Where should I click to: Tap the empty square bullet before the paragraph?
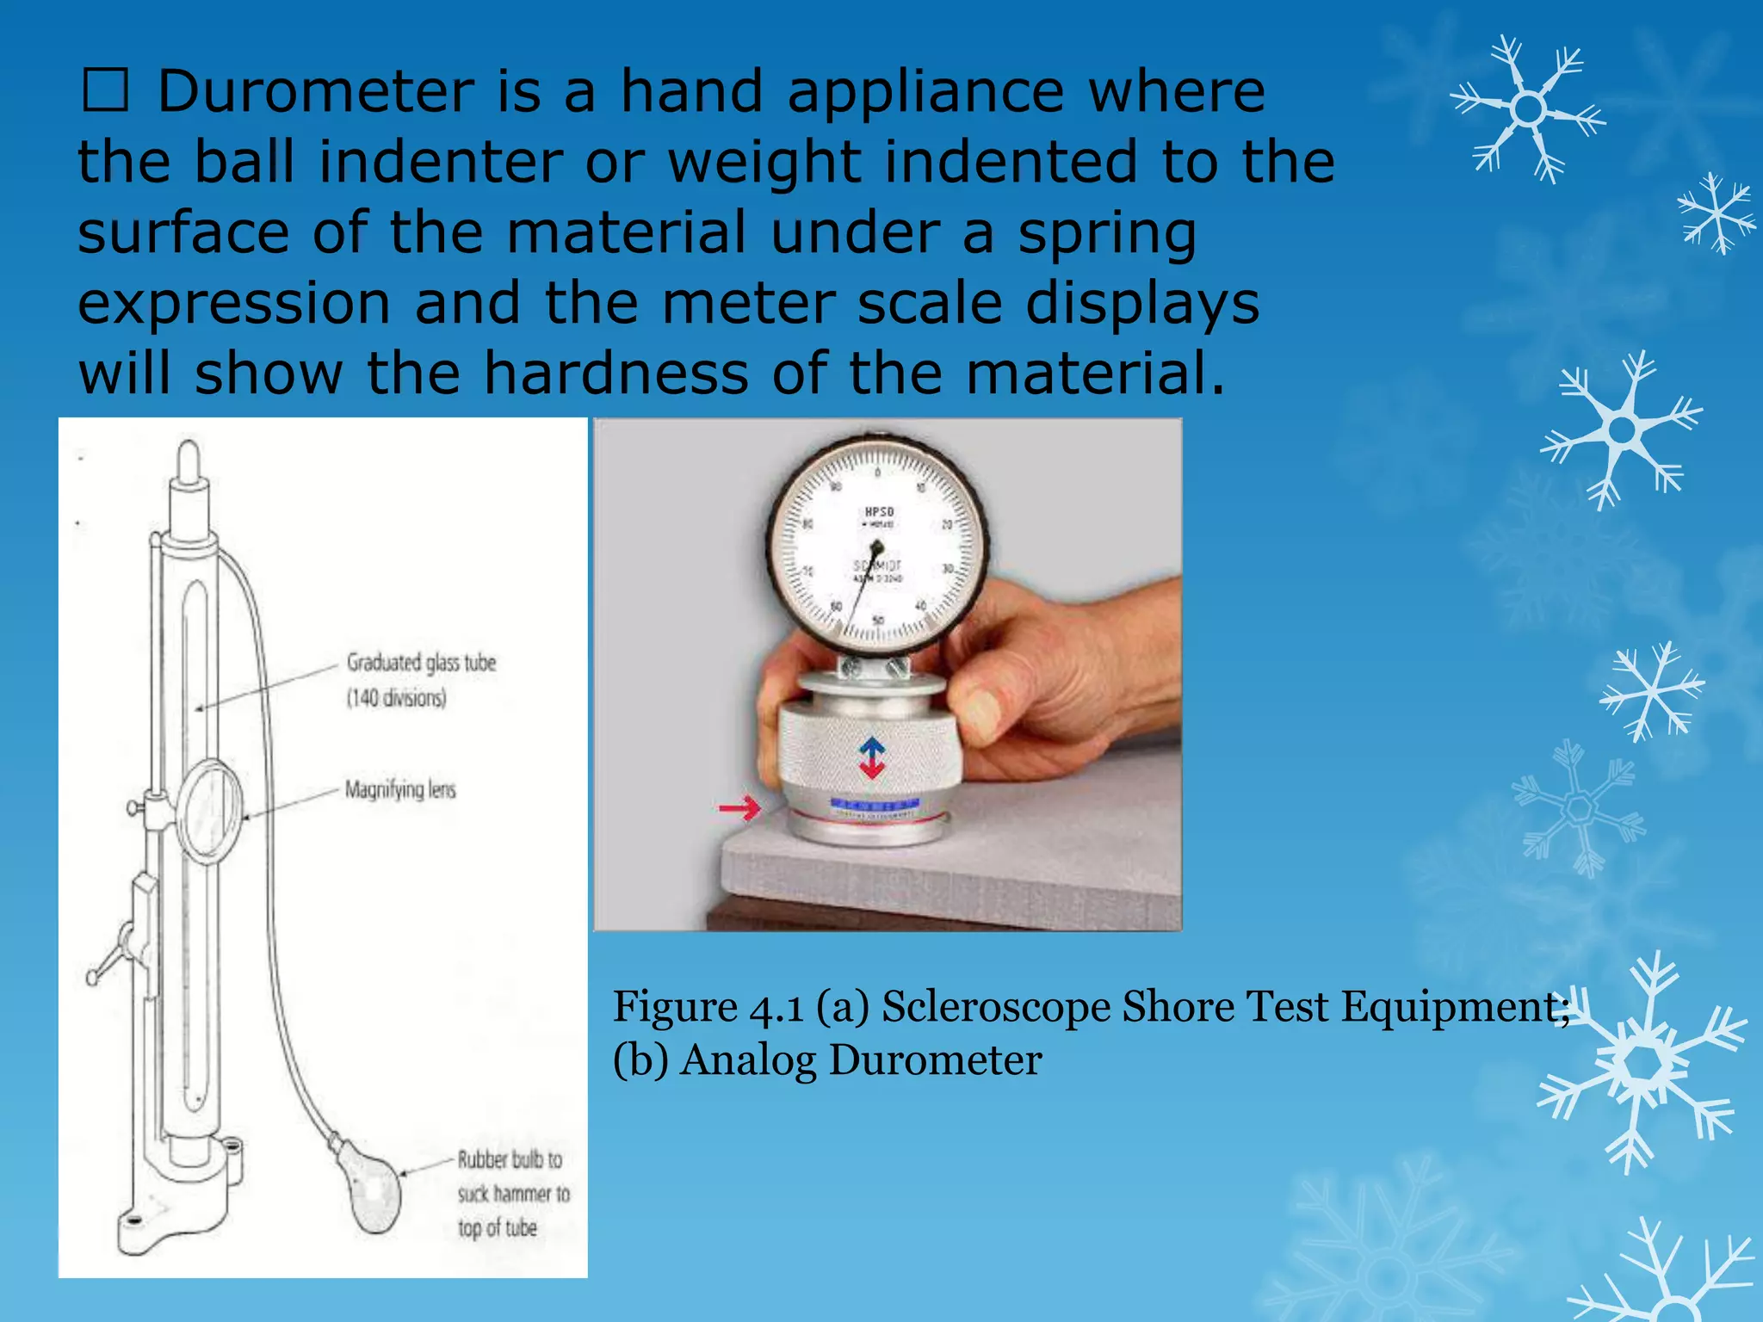(x=105, y=91)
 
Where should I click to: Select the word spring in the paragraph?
(x=1107, y=234)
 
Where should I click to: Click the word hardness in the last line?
(x=616, y=374)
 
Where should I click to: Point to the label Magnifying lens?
(x=400, y=789)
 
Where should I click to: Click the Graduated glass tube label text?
(x=421, y=663)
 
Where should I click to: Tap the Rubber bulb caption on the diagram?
(x=510, y=1159)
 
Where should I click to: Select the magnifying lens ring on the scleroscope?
(x=210, y=812)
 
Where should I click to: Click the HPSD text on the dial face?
(x=879, y=512)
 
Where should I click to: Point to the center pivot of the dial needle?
(x=876, y=547)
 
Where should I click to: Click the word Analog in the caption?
(x=747, y=1059)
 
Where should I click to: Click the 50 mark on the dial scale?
(x=878, y=620)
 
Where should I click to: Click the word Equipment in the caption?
(x=1455, y=1007)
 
